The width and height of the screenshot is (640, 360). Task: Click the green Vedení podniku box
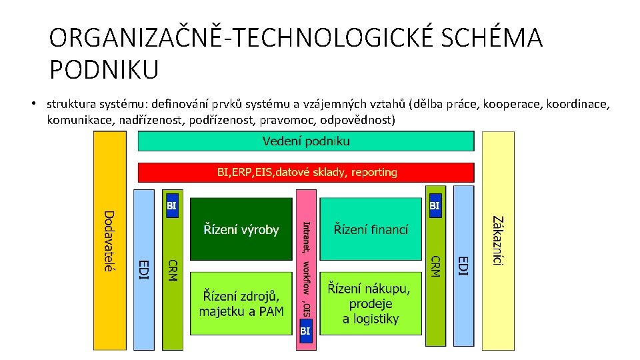coord(306,141)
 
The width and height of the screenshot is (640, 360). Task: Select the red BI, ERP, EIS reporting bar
coord(306,173)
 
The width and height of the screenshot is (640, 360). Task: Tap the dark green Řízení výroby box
coord(241,229)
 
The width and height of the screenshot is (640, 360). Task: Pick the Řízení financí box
coord(371,229)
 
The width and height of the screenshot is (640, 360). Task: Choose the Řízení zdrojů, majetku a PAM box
coord(241,303)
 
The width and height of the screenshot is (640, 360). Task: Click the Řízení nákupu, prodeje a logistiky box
coord(371,303)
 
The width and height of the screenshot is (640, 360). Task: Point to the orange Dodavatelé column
coord(109,241)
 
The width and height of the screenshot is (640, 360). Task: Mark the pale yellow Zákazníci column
coord(498,241)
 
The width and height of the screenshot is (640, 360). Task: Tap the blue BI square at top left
coord(172,206)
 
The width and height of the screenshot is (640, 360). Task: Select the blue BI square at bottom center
coord(305,331)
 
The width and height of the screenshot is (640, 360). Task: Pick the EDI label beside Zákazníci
coord(464,265)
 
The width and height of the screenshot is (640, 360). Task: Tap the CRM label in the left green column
coord(173,270)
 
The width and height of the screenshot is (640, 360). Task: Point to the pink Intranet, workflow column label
coord(306,267)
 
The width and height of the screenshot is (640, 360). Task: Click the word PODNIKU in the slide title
coord(103,69)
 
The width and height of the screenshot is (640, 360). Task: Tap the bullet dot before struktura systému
coord(32,104)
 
